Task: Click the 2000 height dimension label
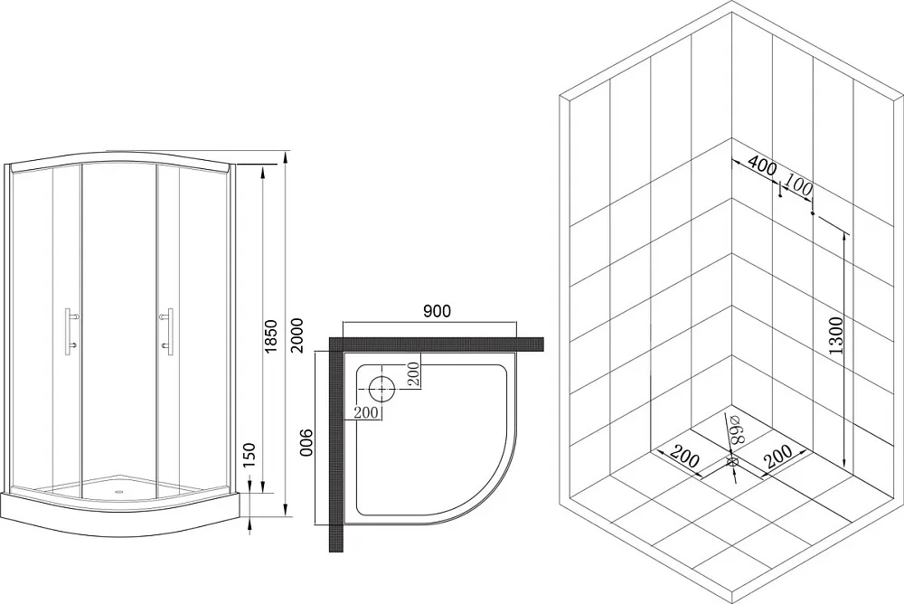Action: click(x=297, y=336)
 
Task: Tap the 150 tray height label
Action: click(x=250, y=456)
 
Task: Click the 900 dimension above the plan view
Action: click(x=437, y=311)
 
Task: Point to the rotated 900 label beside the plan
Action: click(x=306, y=442)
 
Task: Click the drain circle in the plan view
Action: click(x=381, y=389)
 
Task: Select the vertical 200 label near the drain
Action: click(x=413, y=375)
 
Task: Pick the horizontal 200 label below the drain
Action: click(x=366, y=412)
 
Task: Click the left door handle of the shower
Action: click(x=71, y=329)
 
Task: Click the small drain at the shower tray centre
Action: click(x=120, y=492)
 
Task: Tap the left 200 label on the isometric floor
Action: click(x=685, y=458)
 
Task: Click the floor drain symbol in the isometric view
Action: click(x=732, y=462)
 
